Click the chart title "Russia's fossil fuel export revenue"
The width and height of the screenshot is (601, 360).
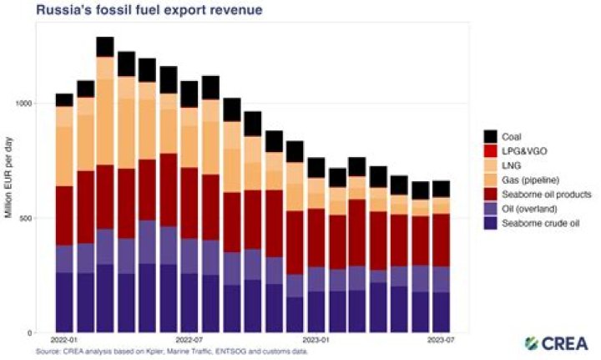[138, 11]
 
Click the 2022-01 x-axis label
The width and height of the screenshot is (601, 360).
[64, 341]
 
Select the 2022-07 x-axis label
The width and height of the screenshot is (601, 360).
[189, 341]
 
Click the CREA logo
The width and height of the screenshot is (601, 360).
[556, 343]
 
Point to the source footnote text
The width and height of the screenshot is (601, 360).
[171, 352]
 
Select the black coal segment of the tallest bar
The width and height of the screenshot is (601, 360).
[105, 47]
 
